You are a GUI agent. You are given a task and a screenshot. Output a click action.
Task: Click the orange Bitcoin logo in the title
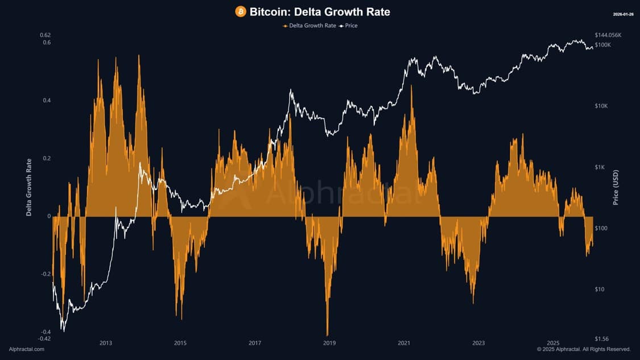point(241,12)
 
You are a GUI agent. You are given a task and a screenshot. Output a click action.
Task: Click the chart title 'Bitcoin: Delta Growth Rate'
point(320,12)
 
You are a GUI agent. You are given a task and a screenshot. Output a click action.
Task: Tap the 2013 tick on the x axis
point(105,343)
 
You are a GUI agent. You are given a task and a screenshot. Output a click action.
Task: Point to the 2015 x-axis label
point(180,343)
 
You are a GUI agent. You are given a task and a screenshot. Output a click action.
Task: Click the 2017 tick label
point(255,343)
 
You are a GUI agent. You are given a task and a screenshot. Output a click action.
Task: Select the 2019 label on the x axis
point(329,343)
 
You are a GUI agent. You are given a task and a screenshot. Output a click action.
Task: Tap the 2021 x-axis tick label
point(404,343)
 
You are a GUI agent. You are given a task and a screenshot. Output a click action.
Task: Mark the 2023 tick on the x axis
point(478,343)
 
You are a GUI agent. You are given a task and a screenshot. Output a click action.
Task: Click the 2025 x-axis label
point(553,343)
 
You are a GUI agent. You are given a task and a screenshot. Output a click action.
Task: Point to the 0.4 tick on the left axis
point(46,101)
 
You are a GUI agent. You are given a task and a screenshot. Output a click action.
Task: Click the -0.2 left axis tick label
point(45,274)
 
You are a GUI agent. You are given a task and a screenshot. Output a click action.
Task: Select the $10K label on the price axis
point(602,106)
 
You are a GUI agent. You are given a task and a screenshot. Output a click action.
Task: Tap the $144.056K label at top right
point(608,35)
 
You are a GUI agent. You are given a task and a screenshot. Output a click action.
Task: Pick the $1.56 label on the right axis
point(602,339)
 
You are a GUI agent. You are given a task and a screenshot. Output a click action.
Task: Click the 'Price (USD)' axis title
point(616,188)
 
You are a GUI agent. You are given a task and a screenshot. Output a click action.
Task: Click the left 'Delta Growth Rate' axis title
point(28,188)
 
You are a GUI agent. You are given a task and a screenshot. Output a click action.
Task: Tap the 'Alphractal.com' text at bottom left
point(27,349)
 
